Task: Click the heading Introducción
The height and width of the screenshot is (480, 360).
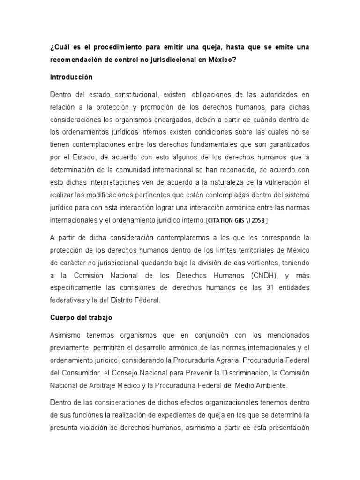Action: click(71, 77)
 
